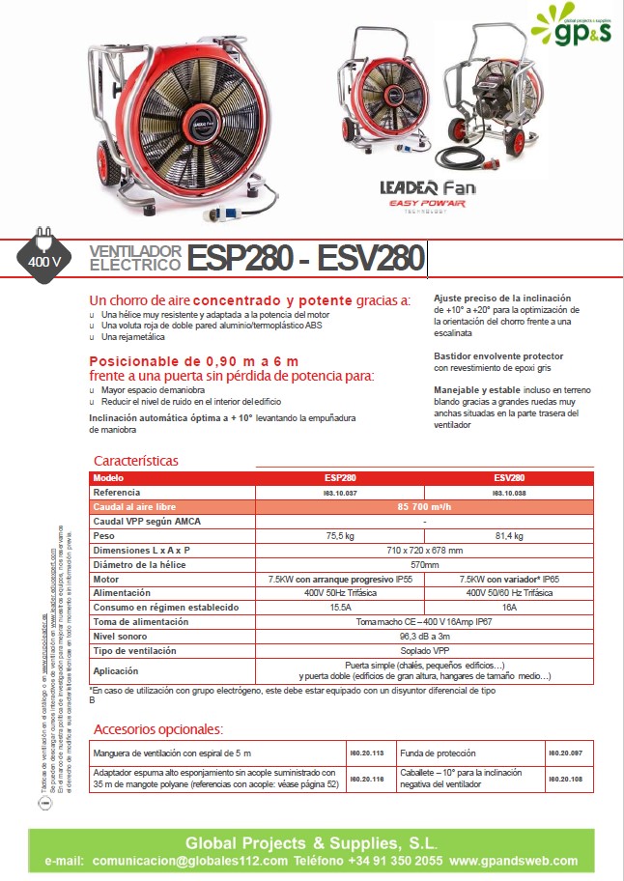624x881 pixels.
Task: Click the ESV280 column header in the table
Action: pos(509,478)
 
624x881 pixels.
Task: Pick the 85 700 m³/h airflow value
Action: pos(425,506)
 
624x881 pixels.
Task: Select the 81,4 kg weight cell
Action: pos(509,535)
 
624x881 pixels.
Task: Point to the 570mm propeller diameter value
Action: pos(425,564)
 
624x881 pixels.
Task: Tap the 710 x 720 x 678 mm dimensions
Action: pos(425,550)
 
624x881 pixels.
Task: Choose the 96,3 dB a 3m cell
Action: pos(425,637)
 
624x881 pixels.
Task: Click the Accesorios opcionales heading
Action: pos(158,728)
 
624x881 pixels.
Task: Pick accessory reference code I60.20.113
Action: pos(365,752)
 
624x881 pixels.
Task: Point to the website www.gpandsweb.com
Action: pos(514,861)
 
